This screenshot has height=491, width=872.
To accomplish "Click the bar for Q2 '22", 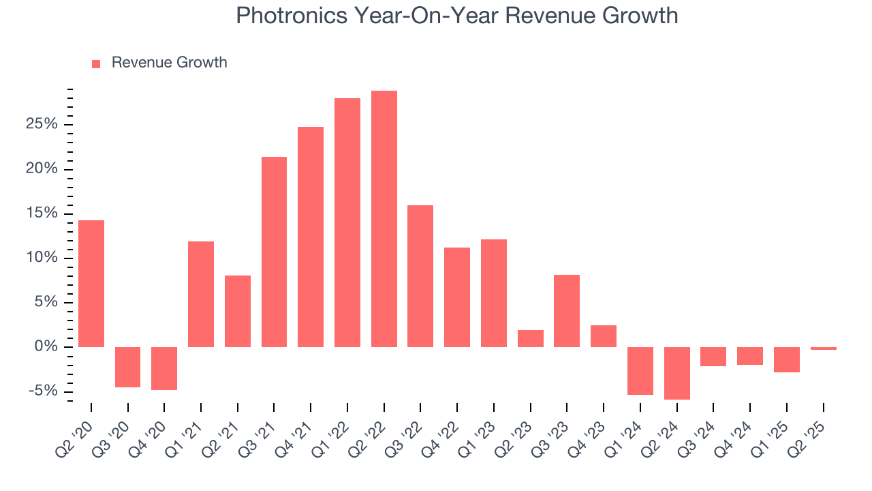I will pyautogui.click(x=384, y=219).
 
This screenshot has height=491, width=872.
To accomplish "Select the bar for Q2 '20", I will pyautogui.click(x=91, y=284).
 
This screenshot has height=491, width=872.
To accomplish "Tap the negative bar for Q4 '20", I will pyautogui.click(x=164, y=368).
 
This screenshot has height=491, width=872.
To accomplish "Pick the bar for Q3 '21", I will pyautogui.click(x=274, y=252).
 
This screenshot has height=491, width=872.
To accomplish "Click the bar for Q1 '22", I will pyautogui.click(x=347, y=222).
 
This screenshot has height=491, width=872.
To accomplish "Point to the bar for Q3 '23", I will pyautogui.click(x=567, y=311).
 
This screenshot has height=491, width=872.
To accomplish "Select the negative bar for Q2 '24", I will pyautogui.click(x=676, y=373).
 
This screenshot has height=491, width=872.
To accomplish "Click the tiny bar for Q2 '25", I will pyautogui.click(x=823, y=348).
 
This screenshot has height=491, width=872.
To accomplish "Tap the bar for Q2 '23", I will pyautogui.click(x=530, y=338).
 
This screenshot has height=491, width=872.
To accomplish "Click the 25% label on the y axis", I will pyautogui.click(x=42, y=125).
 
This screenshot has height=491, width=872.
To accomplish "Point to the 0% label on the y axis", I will pyautogui.click(x=46, y=347).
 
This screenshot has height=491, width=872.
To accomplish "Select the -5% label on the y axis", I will pyautogui.click(x=44, y=391).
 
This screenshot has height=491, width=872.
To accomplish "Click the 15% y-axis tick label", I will pyautogui.click(x=42, y=213).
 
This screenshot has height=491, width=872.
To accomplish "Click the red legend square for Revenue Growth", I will pyautogui.click(x=96, y=63).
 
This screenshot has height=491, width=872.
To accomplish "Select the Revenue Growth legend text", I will pyautogui.click(x=169, y=63).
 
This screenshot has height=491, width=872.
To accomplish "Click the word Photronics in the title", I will pyautogui.click(x=290, y=16).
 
